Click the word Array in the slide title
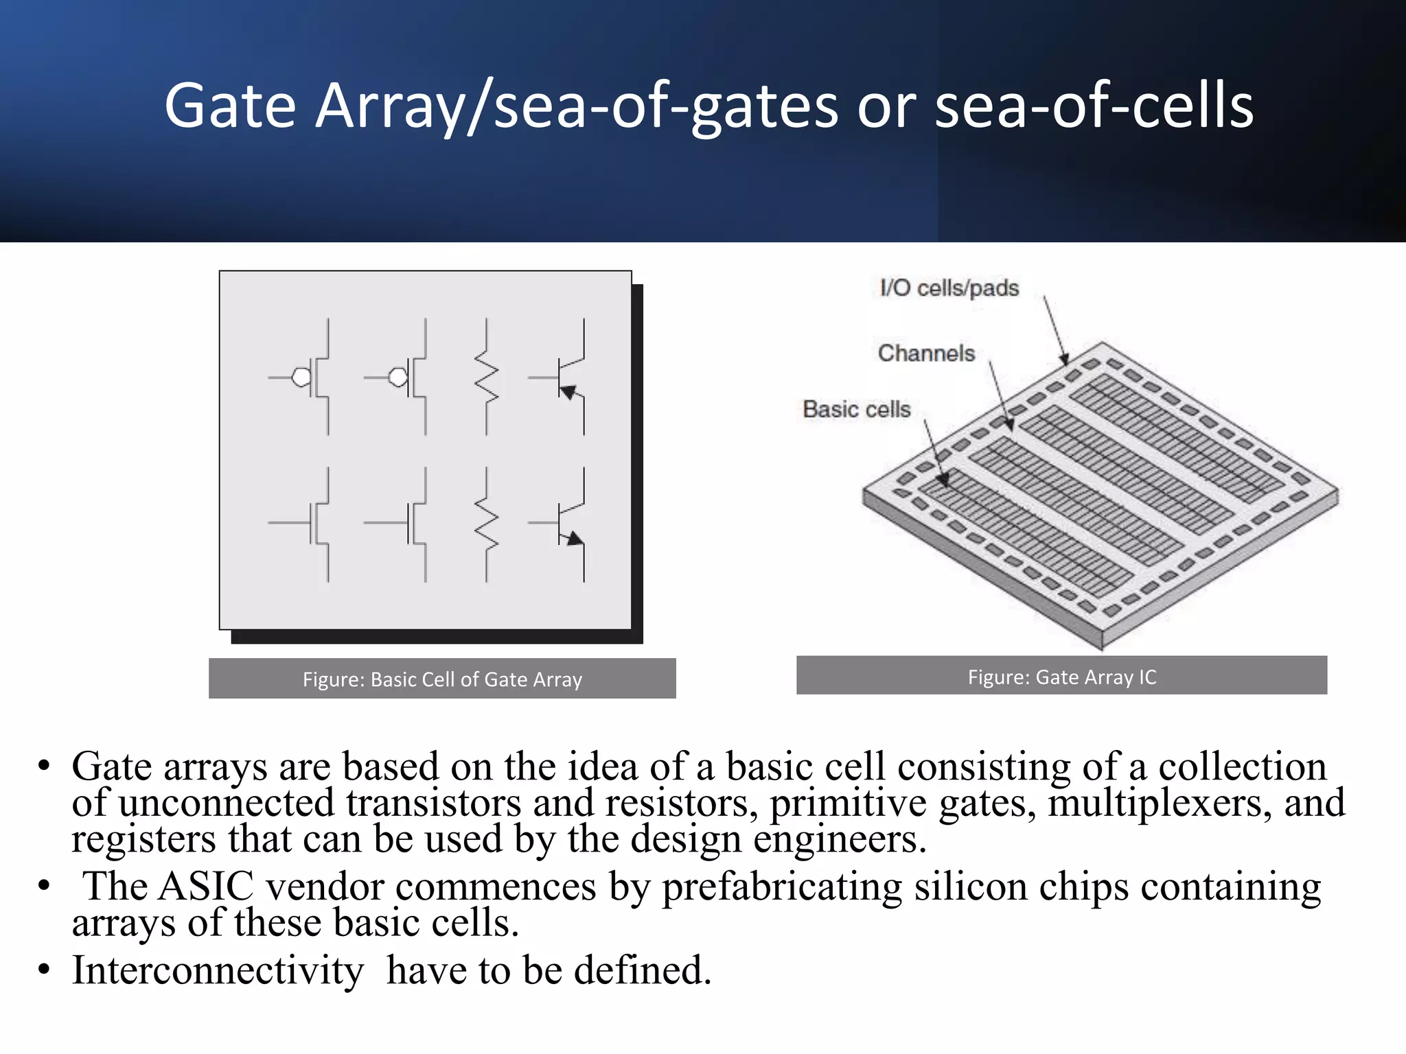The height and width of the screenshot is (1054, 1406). coord(389,106)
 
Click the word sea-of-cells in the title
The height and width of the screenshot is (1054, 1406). coord(1094,106)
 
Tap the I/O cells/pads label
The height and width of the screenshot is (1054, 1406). coord(949,288)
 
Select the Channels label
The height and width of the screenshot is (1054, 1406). coord(926,353)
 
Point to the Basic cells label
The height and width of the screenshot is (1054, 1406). coord(856,410)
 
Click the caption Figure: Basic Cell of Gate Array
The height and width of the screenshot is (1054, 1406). coord(442,679)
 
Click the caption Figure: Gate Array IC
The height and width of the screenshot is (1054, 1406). coord(1061,677)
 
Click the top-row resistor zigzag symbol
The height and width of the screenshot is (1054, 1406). coord(487,377)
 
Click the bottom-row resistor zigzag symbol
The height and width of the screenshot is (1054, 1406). coord(487,524)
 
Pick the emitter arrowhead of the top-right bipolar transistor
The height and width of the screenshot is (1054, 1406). coord(568,393)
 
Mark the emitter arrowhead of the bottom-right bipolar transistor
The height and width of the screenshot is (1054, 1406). coord(574,539)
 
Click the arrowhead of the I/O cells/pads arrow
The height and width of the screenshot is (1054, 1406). coord(1064,359)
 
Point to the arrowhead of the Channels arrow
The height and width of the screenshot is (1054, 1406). coord(1010,424)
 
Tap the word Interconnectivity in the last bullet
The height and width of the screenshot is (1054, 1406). coord(218,970)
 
